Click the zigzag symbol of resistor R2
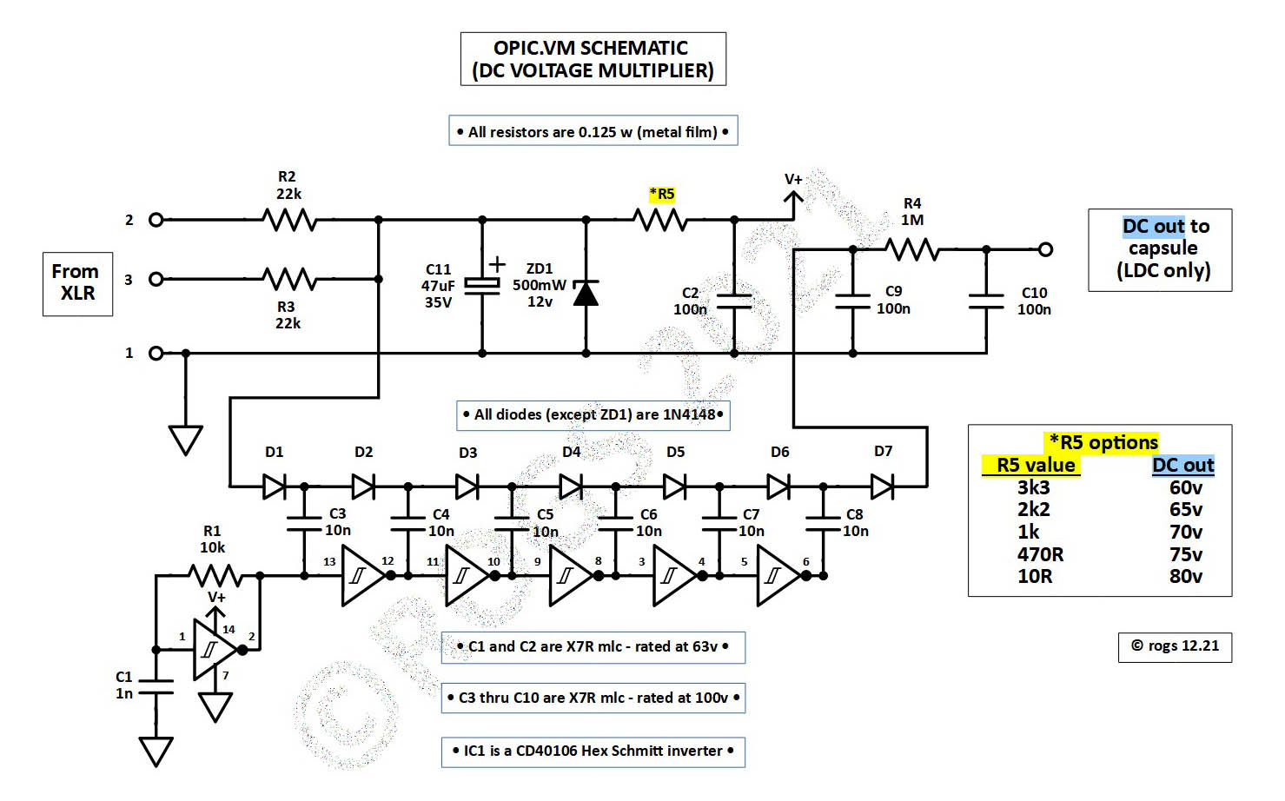point(290,220)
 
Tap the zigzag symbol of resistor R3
point(290,279)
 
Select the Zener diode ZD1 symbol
point(586,294)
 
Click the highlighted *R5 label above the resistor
point(662,194)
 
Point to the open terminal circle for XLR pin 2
point(156,220)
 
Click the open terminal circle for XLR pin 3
point(156,279)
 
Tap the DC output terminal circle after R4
point(1046,249)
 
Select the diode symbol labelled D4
point(571,487)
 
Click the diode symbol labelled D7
point(882,487)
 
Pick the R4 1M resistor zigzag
point(912,250)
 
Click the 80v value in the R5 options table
point(1186,576)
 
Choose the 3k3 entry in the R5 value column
point(1034,487)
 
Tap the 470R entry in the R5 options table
point(1040,554)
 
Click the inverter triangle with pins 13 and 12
point(361,575)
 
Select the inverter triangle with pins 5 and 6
point(777,575)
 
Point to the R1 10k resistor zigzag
point(215,575)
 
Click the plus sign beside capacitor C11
point(496,264)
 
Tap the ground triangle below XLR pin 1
point(186,439)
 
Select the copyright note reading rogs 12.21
point(1175,646)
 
